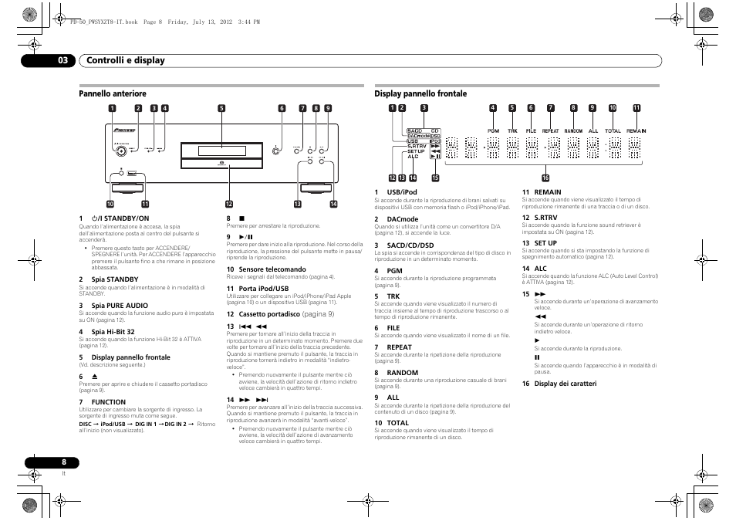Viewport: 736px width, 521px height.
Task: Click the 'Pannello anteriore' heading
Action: click(x=113, y=93)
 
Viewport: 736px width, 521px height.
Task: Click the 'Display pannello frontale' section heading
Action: click(x=420, y=93)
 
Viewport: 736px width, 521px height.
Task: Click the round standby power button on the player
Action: click(x=121, y=173)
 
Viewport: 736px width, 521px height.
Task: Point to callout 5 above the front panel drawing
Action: click(x=221, y=108)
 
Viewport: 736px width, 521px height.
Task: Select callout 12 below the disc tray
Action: click(x=228, y=204)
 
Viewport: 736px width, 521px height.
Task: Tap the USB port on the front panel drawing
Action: click(x=133, y=174)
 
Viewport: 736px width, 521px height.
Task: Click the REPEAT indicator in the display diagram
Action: click(x=550, y=131)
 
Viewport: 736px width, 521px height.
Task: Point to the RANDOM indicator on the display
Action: click(x=573, y=131)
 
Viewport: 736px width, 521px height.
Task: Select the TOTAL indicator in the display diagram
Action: click(x=613, y=131)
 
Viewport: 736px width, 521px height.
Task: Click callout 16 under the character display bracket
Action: click(x=545, y=178)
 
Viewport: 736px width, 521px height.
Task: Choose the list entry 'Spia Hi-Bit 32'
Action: click(x=113, y=332)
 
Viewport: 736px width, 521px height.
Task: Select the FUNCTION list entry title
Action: click(x=108, y=402)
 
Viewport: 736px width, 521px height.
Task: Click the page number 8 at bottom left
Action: click(x=65, y=462)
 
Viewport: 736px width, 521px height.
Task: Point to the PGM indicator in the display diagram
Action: click(x=493, y=131)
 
